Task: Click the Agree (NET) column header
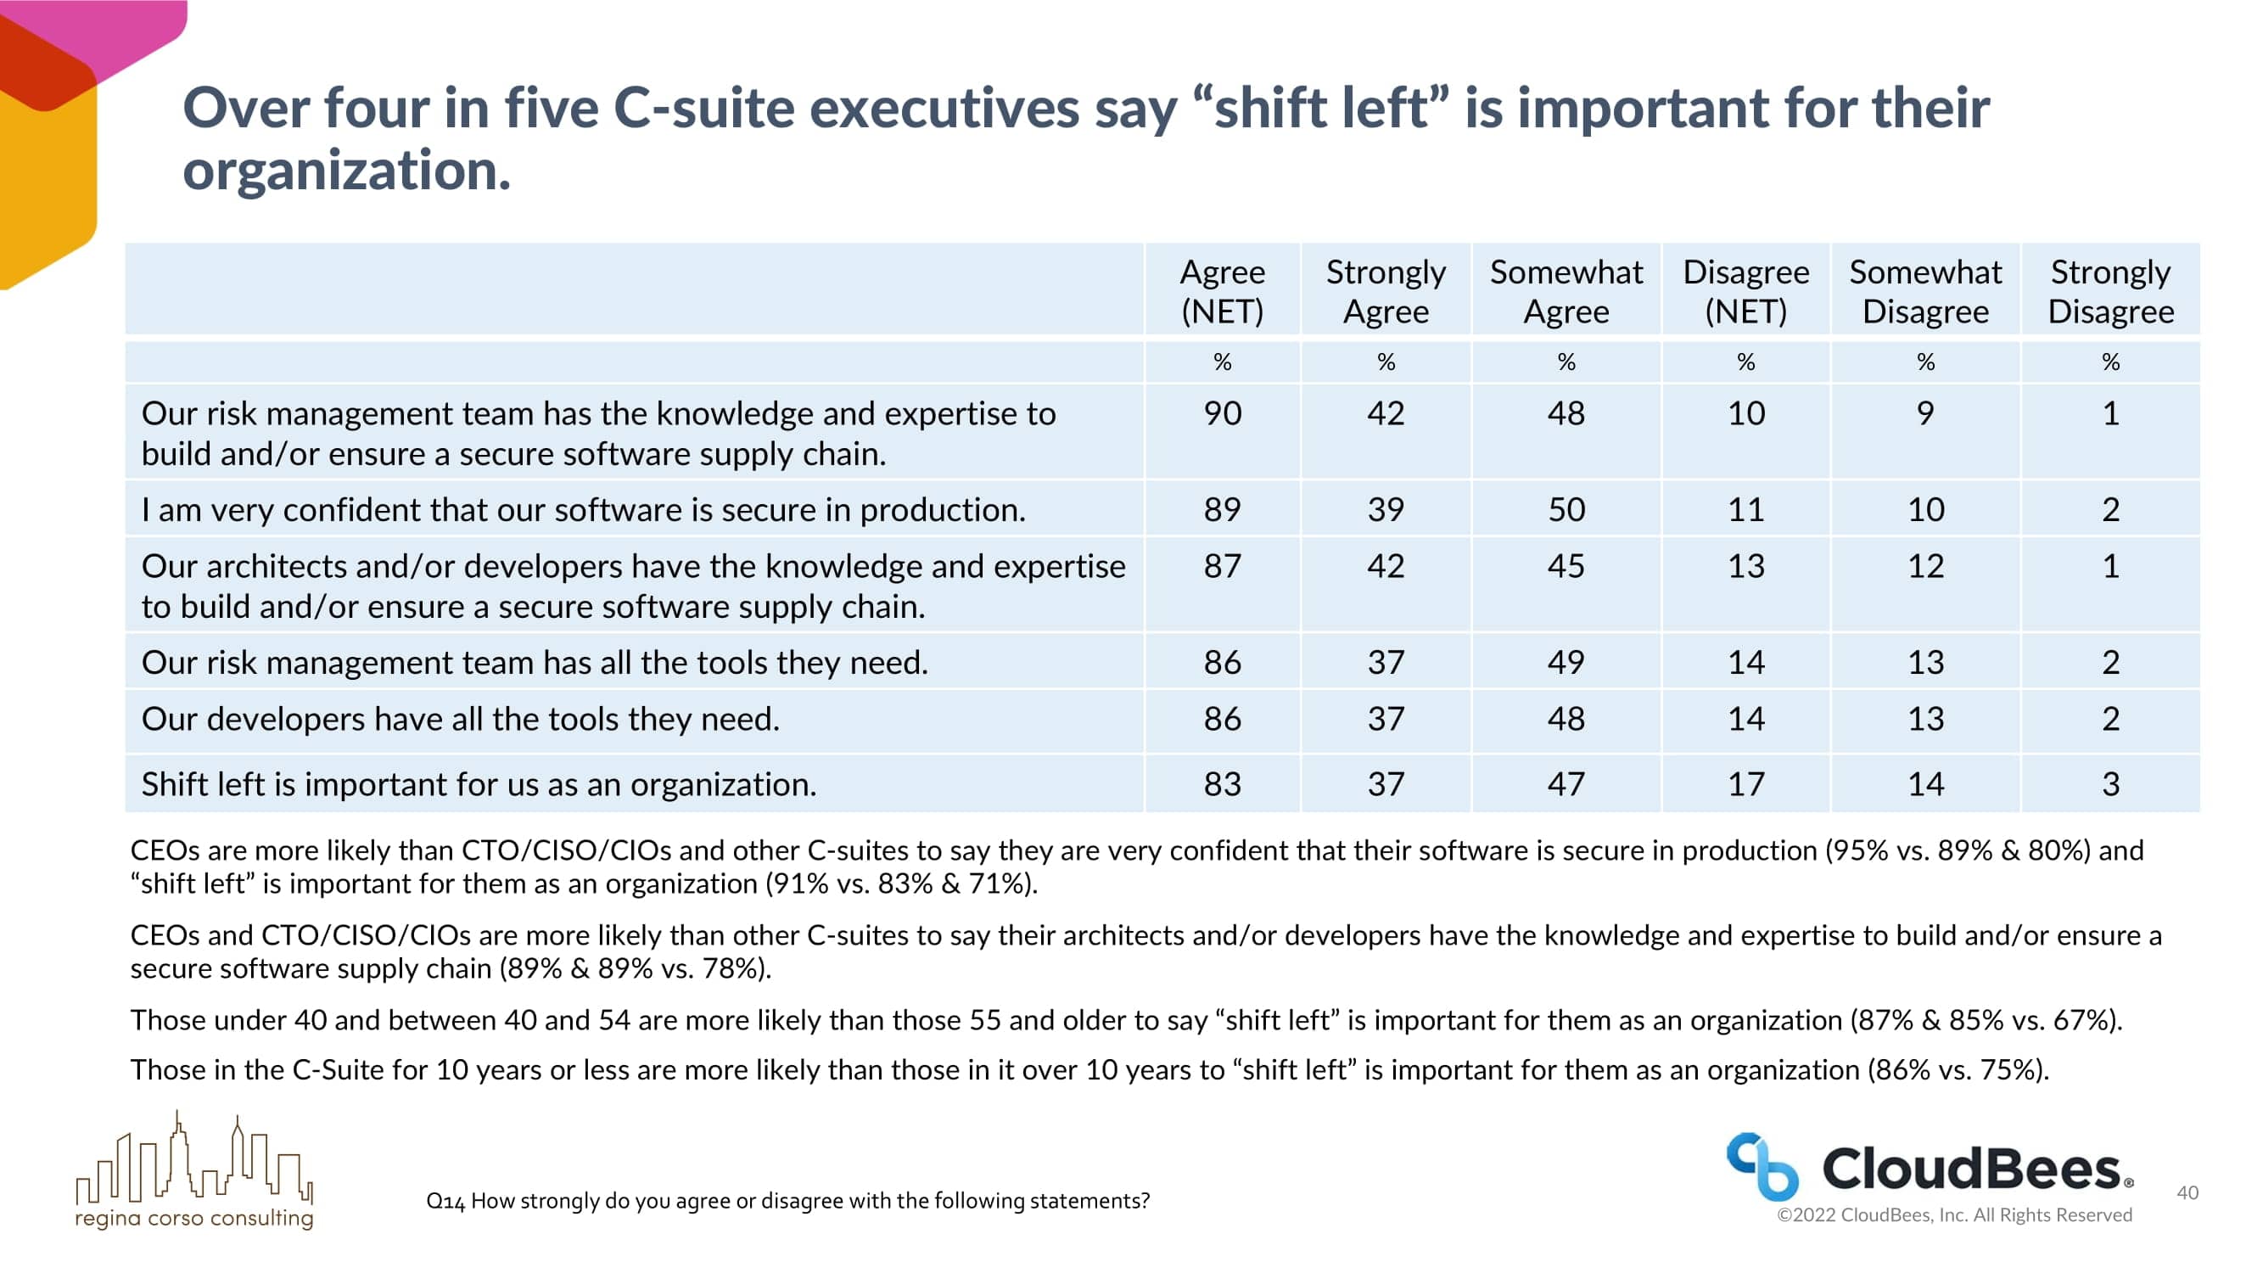[x=1222, y=291]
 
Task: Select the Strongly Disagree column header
[x=2110, y=291]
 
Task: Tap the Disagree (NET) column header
[x=1745, y=291]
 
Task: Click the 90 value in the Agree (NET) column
[x=1222, y=413]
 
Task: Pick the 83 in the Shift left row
[x=1222, y=783]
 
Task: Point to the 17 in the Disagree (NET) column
[x=1745, y=783]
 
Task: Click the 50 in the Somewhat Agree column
[x=1566, y=509]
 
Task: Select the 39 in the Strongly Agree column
[x=1386, y=509]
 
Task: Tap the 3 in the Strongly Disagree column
[x=2110, y=783]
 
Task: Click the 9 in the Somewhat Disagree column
[x=1924, y=413]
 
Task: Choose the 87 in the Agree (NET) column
[x=1222, y=566]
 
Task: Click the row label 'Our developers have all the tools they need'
[x=461, y=719]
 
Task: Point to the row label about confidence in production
[x=583, y=509]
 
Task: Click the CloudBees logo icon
[x=1762, y=1167]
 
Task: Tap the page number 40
[x=2187, y=1192]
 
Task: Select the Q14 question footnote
[x=787, y=1200]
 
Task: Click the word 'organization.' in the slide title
[x=347, y=170]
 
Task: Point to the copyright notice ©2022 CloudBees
[x=1954, y=1215]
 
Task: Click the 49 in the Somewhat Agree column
[x=1566, y=663]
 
